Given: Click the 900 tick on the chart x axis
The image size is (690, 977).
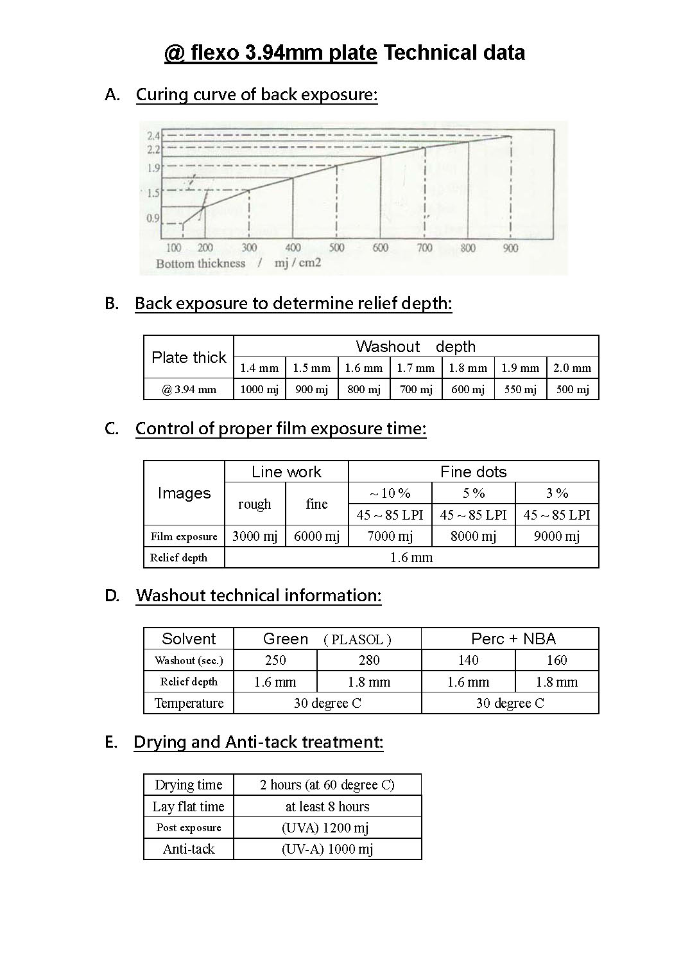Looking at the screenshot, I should [x=510, y=248].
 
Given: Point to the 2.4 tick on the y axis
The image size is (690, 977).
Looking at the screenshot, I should [x=153, y=136].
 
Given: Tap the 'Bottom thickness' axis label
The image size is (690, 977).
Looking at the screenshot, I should [x=200, y=263].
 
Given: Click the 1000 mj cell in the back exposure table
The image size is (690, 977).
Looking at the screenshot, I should [x=259, y=389].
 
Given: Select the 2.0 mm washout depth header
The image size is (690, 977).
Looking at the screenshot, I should [x=572, y=368].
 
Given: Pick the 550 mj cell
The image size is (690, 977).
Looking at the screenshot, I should [x=520, y=389].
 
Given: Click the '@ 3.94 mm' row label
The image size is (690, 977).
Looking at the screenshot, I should [x=189, y=389].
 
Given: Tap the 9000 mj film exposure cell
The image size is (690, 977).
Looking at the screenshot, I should [x=556, y=536].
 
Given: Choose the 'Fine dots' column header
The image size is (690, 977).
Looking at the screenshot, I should [x=473, y=472].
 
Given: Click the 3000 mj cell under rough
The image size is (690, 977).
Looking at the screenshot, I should [x=254, y=536].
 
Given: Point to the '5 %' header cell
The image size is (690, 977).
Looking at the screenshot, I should [x=473, y=493].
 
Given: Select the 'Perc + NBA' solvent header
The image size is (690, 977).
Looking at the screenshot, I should [x=513, y=638].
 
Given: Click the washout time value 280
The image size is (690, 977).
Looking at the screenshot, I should [x=369, y=660].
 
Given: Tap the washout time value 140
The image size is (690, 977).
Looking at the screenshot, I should [x=468, y=660].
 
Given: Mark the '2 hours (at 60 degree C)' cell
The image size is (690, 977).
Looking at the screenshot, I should [x=327, y=785].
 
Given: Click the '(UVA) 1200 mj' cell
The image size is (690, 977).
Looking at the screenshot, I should [x=327, y=828].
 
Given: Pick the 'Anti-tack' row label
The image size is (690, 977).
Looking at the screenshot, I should [x=189, y=849].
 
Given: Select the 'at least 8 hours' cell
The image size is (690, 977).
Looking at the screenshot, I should [x=327, y=807].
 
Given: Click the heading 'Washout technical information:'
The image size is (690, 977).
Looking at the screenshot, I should [x=259, y=595].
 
